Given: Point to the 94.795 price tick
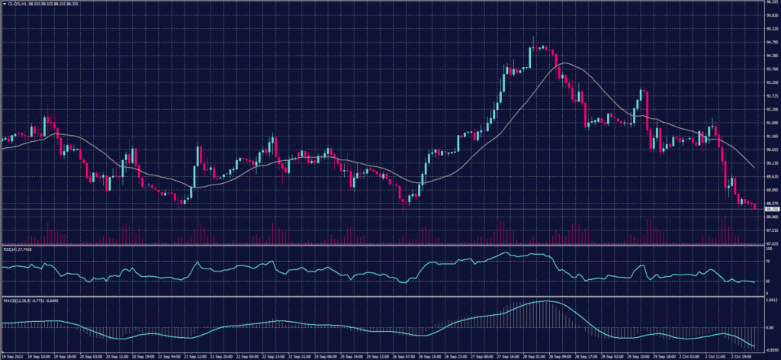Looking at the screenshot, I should click(770, 43).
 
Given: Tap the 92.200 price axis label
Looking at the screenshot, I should click(770, 96).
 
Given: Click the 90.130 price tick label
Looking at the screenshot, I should click(770, 162).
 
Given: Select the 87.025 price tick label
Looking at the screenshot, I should click(770, 243).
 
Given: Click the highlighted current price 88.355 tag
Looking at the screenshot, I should click(770, 208).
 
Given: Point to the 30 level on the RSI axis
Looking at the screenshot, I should click(767, 281).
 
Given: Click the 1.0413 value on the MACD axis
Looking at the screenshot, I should click(770, 301).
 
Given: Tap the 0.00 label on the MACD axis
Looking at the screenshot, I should click(769, 327).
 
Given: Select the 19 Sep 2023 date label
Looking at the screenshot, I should click(14, 355).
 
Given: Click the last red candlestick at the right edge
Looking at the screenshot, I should click(755, 206).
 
